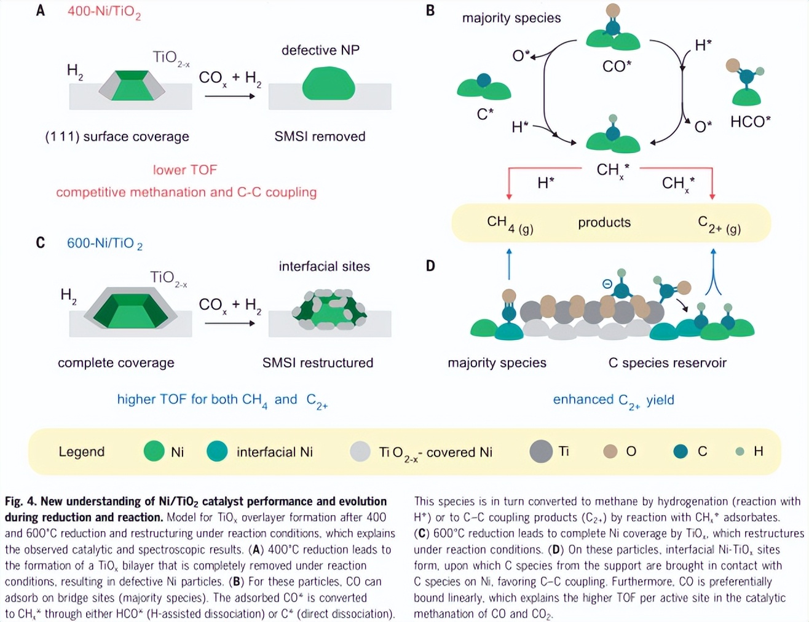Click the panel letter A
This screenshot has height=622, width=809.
[x=41, y=10]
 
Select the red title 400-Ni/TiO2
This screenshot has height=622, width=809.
[x=104, y=12]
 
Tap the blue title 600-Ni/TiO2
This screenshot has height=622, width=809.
[x=105, y=243]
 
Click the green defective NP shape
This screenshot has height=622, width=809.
[x=328, y=84]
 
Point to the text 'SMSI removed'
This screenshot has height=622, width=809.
[x=320, y=136]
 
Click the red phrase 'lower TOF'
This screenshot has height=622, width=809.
[x=184, y=170]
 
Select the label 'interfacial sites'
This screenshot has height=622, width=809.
[x=324, y=266]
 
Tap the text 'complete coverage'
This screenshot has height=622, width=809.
[x=116, y=363]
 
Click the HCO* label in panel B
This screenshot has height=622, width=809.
[x=750, y=122]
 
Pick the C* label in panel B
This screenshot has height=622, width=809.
[x=485, y=114]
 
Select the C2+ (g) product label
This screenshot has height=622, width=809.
[x=719, y=224]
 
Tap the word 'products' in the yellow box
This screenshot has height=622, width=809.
[x=604, y=222]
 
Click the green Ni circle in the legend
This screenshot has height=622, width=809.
[x=154, y=452]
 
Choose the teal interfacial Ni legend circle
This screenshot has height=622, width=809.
[x=217, y=452]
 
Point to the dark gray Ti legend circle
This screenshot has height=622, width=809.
[x=541, y=452]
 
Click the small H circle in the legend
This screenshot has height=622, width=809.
[x=740, y=452]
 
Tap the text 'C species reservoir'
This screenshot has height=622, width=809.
[x=667, y=363]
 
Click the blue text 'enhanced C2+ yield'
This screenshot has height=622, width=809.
[x=613, y=400]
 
